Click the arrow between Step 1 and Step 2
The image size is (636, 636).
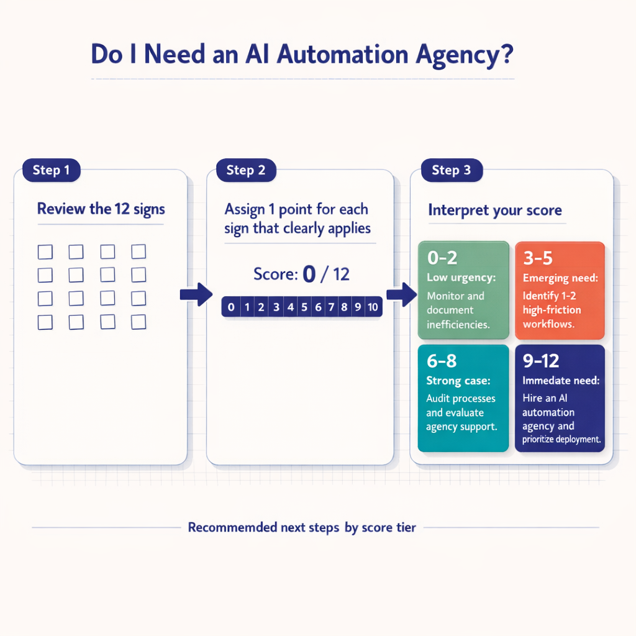tap(196, 294)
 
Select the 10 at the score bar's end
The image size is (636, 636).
tap(373, 307)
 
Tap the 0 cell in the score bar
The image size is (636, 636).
tap(231, 307)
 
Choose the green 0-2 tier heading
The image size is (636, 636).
tap(443, 258)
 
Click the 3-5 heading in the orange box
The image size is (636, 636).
tap(538, 258)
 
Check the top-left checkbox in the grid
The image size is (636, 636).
tap(45, 252)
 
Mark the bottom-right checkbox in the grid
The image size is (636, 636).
tap(139, 322)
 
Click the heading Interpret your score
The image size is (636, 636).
tap(495, 211)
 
